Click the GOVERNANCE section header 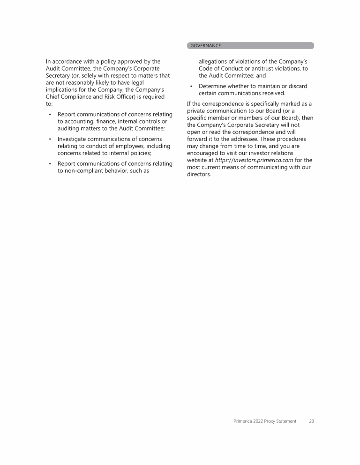205,46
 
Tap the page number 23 311,421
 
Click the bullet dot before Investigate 50,139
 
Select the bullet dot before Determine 191,86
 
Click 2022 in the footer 262,421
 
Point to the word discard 297,86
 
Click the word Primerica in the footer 244,421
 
